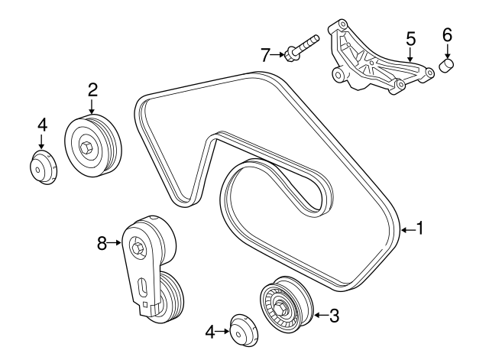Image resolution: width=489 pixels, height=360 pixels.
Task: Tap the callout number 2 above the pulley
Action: click(92, 90)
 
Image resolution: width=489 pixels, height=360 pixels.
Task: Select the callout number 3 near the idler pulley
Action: click(333, 314)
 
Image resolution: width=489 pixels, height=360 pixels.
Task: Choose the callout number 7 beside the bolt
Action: click(265, 54)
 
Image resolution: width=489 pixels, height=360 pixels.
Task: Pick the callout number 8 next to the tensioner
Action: click(101, 243)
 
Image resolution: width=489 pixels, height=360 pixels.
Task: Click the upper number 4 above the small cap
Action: click(43, 123)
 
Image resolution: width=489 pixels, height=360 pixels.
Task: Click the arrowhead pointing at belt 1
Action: click(402, 228)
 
